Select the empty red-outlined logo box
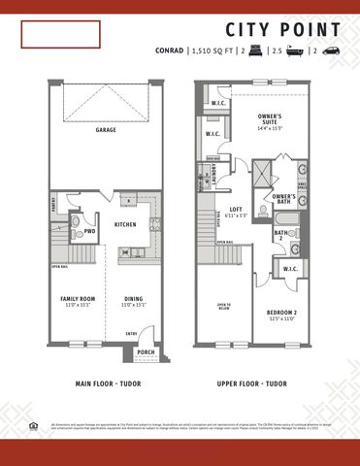click(62, 35)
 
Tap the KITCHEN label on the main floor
click(125, 224)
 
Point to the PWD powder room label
click(89, 232)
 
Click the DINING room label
click(134, 300)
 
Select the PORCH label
click(147, 352)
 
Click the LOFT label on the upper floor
click(235, 209)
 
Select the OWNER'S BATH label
click(283, 200)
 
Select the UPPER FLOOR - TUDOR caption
click(251, 383)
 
